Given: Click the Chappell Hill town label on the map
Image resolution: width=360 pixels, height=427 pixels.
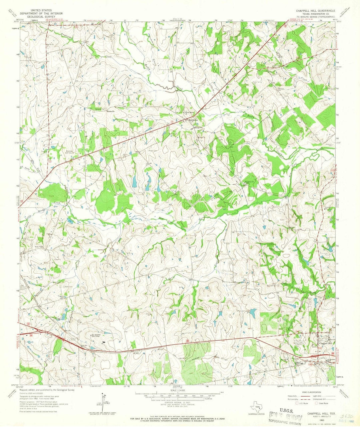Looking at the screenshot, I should coord(325,343).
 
